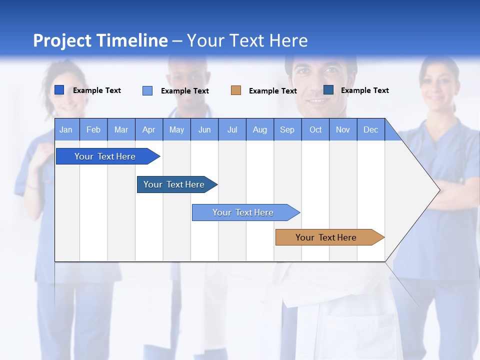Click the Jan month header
click(66, 129)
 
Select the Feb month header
click(93, 129)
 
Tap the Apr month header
click(148, 129)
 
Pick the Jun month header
click(204, 129)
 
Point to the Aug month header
click(259, 129)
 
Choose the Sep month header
click(287, 129)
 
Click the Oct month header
click(315, 129)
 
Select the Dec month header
click(370, 129)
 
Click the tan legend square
click(236, 90)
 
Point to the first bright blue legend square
click(59, 90)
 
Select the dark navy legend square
click(328, 90)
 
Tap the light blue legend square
click(147, 90)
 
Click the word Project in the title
click(62, 40)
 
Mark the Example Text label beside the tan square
click(272, 91)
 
